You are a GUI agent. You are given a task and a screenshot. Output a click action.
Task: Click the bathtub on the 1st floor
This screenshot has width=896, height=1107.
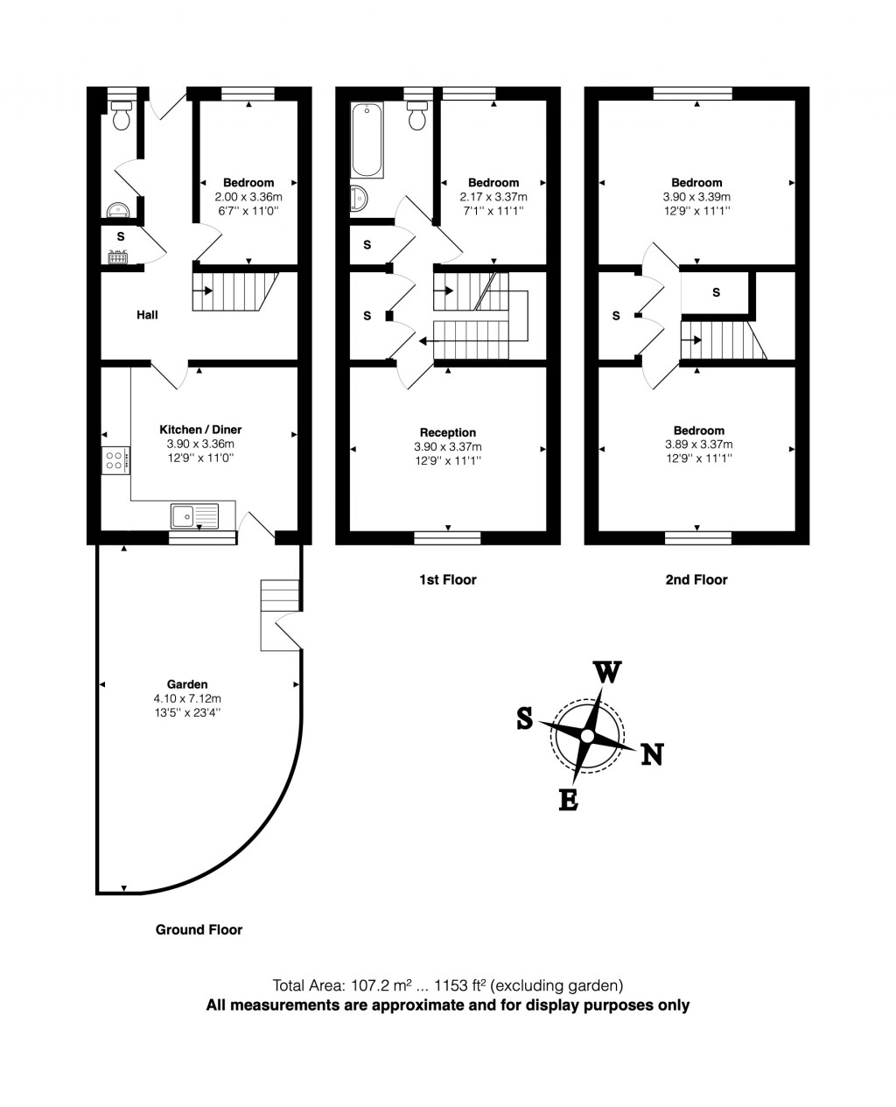coord(366,140)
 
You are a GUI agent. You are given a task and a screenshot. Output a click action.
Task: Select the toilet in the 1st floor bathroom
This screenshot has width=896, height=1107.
coord(417,114)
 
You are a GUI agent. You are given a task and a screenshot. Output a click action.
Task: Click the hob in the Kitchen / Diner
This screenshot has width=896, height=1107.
coord(115,460)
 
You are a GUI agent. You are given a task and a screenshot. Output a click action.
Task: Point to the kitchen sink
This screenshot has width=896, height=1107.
coord(194,516)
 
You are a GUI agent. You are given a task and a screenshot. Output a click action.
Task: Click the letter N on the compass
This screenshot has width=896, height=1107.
coord(652,753)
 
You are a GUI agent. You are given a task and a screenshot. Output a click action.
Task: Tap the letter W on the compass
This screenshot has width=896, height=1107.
coord(608,672)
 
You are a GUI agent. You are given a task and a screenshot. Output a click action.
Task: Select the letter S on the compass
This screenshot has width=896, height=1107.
coord(524,718)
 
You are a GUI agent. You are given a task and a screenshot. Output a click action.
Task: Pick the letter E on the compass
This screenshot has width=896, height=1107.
coord(568,800)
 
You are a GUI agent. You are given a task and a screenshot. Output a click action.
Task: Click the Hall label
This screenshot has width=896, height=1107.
coord(147,315)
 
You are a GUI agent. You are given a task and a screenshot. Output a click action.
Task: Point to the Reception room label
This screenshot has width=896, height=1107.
coord(448,432)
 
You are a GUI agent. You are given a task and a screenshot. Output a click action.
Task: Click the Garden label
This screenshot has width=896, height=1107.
coord(187,684)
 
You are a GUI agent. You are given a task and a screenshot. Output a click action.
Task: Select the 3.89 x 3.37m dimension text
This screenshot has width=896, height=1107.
coord(698,445)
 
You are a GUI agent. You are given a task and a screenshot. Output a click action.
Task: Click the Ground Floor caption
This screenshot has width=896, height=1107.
coord(199,929)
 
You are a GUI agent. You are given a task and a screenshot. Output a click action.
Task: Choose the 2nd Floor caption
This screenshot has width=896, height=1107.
coord(697,579)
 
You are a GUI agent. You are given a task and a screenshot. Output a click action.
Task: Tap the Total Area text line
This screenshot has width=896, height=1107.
coord(448,984)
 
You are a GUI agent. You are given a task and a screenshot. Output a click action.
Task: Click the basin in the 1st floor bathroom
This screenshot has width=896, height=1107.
coord(360,199)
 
